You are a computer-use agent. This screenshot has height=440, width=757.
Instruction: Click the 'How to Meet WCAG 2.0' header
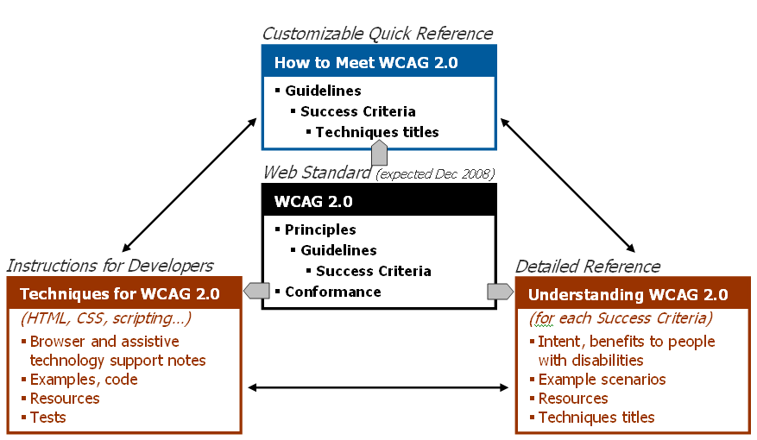click(366, 62)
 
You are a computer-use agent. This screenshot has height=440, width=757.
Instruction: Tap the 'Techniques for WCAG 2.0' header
click(119, 293)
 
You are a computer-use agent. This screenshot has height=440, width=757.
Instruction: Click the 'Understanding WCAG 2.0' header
click(628, 294)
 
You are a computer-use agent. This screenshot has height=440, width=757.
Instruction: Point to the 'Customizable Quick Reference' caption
click(377, 34)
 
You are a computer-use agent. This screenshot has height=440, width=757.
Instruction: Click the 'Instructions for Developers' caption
click(110, 266)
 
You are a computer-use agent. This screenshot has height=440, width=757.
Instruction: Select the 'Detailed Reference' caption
click(588, 267)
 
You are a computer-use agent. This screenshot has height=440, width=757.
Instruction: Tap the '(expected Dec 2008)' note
click(436, 174)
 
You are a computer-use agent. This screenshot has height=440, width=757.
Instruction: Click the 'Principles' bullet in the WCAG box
click(320, 229)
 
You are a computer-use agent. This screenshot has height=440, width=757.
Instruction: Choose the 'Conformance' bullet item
click(332, 292)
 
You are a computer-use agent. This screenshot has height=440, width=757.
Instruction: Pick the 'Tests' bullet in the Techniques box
click(47, 418)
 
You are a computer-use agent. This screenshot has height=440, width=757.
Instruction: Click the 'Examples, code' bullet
click(84, 380)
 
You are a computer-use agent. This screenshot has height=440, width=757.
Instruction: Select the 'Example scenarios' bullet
click(602, 380)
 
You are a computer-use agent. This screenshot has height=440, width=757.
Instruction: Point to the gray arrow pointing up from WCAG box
click(378, 154)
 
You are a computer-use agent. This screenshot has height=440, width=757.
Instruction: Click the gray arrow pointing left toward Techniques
click(256, 291)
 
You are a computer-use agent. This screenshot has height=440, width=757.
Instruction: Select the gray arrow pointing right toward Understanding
click(501, 291)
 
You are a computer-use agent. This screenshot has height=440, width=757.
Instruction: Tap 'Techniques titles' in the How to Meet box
click(377, 132)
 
